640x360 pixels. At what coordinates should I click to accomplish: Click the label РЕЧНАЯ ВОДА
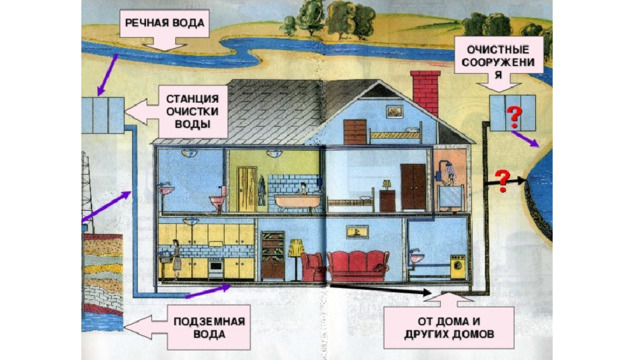164,23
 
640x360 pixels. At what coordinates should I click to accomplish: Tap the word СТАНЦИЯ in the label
192,99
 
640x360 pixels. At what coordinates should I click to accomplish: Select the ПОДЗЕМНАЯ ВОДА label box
209,327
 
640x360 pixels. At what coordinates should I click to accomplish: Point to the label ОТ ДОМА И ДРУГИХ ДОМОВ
449,327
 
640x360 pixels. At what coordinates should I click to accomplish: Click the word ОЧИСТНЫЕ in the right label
498,50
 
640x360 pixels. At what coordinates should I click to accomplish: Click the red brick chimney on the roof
426,93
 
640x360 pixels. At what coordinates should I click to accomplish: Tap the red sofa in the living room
358,266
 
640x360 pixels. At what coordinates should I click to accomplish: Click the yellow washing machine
458,267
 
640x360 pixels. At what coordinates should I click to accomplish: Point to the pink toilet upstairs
219,200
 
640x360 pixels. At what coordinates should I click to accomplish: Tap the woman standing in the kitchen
176,259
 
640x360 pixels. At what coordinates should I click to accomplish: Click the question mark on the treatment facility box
514,116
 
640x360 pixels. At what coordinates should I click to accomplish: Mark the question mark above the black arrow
503,181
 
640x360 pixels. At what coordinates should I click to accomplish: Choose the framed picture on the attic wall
395,112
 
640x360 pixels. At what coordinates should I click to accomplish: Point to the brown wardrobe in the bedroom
413,187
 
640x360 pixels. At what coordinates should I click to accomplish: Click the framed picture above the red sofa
357,232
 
